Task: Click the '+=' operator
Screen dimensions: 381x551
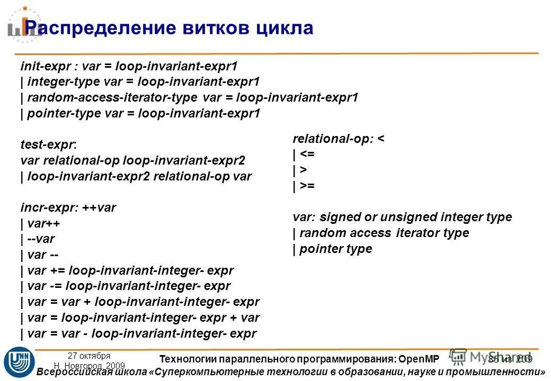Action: tap(59, 271)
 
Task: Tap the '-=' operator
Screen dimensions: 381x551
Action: tap(58, 287)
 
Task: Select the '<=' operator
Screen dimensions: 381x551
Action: tap(307, 155)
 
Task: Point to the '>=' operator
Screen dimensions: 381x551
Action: tap(307, 186)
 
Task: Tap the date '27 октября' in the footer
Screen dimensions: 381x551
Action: tap(89, 356)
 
